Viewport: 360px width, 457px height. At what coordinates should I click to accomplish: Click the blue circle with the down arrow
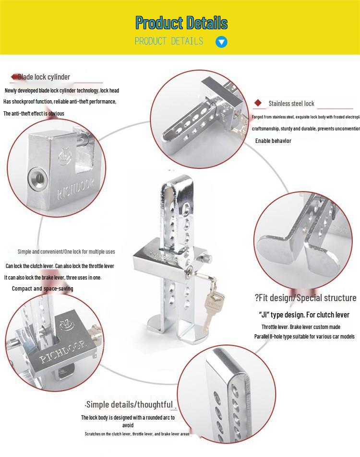221,42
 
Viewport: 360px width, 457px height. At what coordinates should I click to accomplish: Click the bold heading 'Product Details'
181,23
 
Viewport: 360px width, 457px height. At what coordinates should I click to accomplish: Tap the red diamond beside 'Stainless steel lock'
258,103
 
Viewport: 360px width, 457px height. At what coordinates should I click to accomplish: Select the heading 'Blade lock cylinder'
45,77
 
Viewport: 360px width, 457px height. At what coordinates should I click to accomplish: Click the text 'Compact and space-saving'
43,289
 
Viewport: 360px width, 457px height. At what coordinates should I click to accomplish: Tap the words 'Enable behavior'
273,141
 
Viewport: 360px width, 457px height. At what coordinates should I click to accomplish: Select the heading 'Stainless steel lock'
291,104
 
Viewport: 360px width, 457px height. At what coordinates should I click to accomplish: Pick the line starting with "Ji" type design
304,315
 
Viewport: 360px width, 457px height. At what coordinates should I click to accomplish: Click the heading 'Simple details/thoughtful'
129,405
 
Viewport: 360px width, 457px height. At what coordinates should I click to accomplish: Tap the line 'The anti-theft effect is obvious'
34,114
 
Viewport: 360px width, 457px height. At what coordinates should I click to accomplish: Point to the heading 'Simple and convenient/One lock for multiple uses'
66,252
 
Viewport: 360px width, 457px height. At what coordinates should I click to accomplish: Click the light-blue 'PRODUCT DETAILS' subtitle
169,42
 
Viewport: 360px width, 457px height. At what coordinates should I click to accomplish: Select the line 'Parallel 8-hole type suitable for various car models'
304,337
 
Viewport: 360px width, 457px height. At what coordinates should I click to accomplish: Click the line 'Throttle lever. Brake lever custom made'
301,327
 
